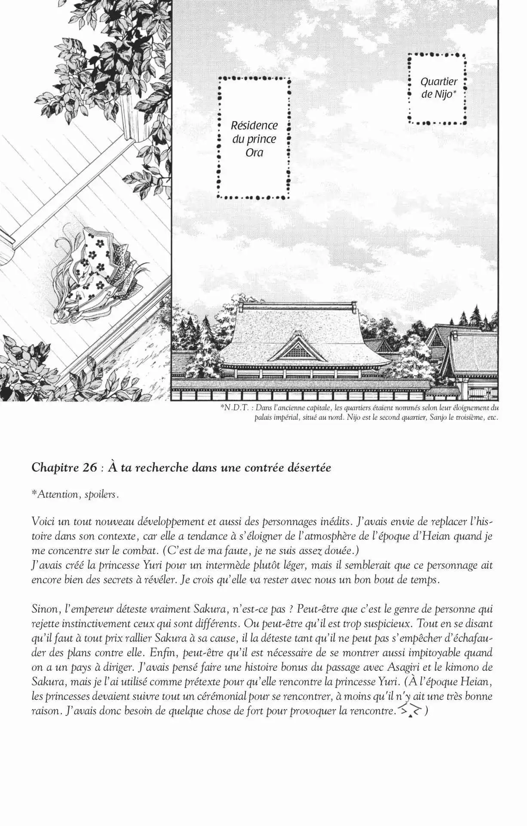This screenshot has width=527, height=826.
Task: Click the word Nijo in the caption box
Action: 443,95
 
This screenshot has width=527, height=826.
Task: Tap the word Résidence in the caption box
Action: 254,126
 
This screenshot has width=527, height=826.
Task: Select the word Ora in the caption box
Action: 254,153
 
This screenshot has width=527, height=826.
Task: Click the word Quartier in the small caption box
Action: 439,81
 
